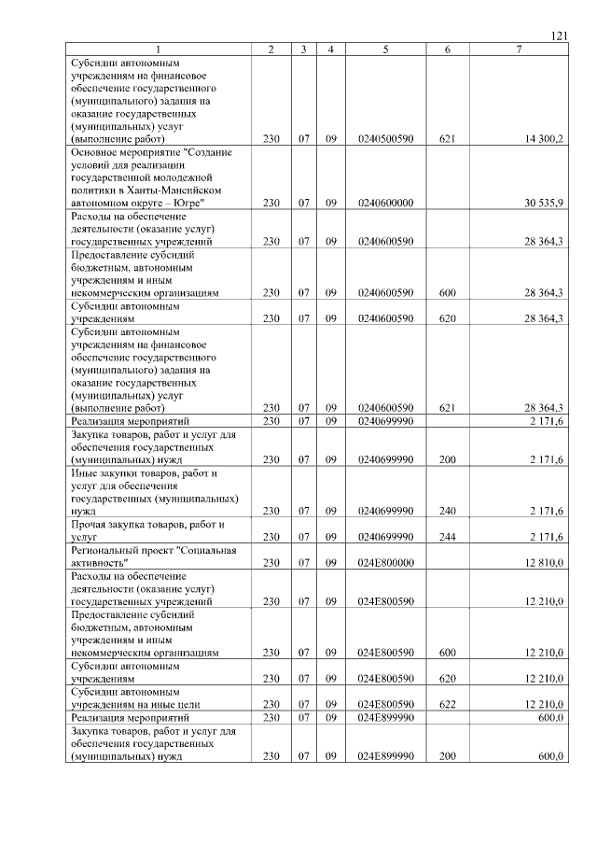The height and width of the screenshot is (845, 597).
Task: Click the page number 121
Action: tap(559, 35)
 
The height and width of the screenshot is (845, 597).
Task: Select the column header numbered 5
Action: tap(385, 49)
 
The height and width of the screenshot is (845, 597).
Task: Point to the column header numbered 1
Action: tap(159, 49)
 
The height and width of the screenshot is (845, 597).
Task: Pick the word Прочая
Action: tap(90, 525)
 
